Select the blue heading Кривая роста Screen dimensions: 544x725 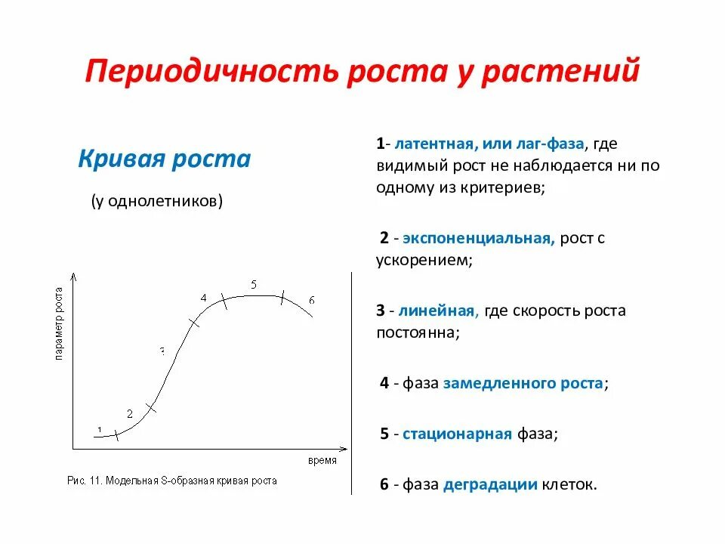coord(165,159)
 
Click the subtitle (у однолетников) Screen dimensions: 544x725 coord(157,201)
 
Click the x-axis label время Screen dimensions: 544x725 coord(322,460)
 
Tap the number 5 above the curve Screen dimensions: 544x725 coord(254,285)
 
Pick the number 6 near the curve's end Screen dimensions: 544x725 coord(311,301)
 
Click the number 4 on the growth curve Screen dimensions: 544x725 coord(203,298)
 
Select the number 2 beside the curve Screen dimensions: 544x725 coord(130,413)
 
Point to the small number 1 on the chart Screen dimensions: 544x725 coord(98,429)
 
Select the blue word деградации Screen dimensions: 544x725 coord(490,485)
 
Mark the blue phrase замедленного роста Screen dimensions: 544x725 coord(523,383)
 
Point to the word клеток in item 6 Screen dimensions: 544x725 coord(567,485)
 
